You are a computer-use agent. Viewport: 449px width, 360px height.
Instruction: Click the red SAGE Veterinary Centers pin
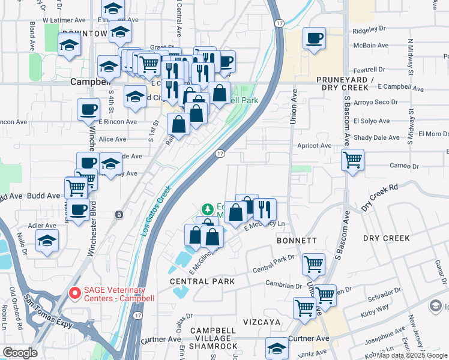pos(75,293)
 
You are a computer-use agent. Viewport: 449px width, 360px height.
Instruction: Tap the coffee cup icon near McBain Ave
pos(314,40)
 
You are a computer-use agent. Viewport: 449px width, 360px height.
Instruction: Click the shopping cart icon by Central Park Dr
pos(313,263)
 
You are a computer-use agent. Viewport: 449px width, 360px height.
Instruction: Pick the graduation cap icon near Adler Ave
pos(47,241)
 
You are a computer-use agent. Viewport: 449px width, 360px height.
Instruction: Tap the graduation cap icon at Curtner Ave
pos(277,348)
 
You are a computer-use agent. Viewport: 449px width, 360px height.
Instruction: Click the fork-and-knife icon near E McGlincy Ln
pos(264,209)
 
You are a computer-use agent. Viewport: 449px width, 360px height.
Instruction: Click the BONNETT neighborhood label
pos(297,240)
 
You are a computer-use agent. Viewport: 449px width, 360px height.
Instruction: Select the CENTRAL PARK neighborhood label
pos(197,281)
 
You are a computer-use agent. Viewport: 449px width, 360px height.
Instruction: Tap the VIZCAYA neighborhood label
pos(262,322)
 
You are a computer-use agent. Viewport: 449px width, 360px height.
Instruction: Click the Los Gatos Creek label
pos(157,209)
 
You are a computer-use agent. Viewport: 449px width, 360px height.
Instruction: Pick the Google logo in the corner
pos(20,353)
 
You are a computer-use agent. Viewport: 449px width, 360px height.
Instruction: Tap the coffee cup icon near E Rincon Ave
pos(88,110)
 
